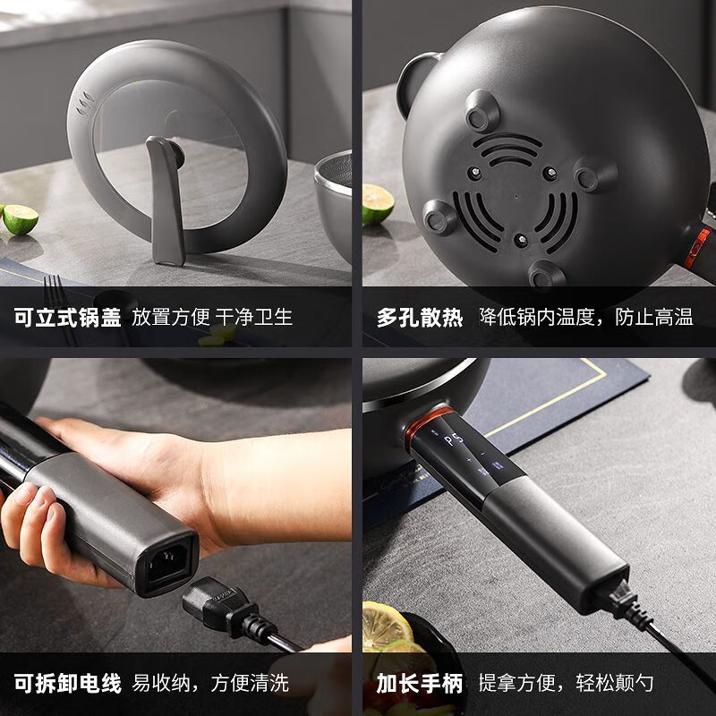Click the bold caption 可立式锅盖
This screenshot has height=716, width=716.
coord(67,317)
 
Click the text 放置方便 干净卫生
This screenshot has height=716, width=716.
coord(212,317)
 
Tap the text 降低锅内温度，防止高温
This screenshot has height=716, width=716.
coord(585,317)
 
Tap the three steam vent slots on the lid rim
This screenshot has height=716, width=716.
coord(86,107)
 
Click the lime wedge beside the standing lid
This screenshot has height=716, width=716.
coord(20,217)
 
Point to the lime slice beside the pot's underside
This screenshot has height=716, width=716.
coord(377,204)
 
